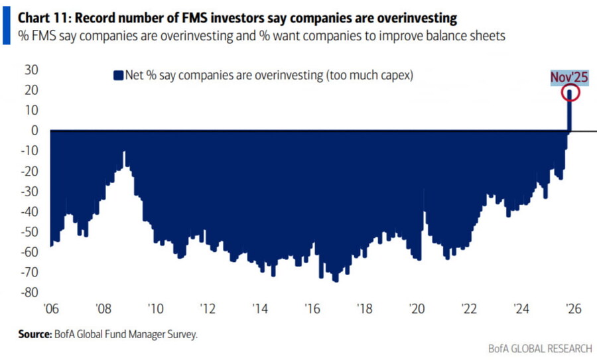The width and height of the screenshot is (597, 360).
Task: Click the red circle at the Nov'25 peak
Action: (x=570, y=93)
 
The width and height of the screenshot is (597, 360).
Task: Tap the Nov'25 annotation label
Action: (x=569, y=78)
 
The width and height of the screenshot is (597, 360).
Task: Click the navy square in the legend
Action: (x=119, y=75)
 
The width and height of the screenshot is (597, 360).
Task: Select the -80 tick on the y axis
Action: (x=31, y=292)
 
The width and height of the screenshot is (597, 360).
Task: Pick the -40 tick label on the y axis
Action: (x=31, y=211)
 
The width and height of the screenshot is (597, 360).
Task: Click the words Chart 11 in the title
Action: (x=44, y=13)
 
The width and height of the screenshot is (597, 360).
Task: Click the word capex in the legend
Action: (x=393, y=75)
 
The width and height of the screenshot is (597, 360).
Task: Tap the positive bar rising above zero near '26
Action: (x=569, y=113)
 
